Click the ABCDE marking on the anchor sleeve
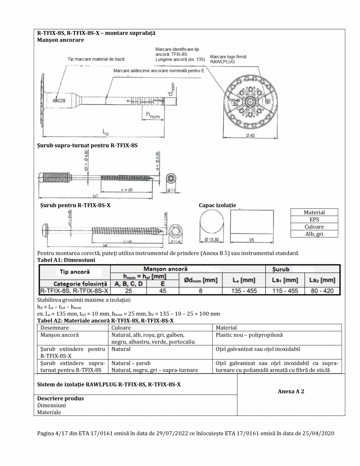[x=59, y=100]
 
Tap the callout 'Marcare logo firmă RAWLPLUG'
[x=228, y=59]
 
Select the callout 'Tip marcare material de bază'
[x=96, y=59]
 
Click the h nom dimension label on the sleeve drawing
[x=152, y=114]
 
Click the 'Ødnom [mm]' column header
[x=201, y=280]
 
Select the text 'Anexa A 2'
[x=291, y=390]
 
